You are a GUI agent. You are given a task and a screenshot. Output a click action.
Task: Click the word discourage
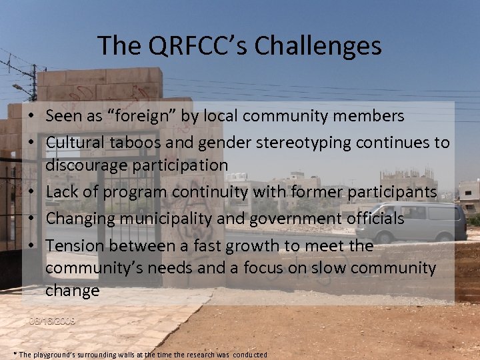coord(89,165)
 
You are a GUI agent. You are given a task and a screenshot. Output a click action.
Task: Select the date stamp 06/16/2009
coord(52,321)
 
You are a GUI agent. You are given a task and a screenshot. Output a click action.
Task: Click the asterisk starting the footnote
coord(15,354)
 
